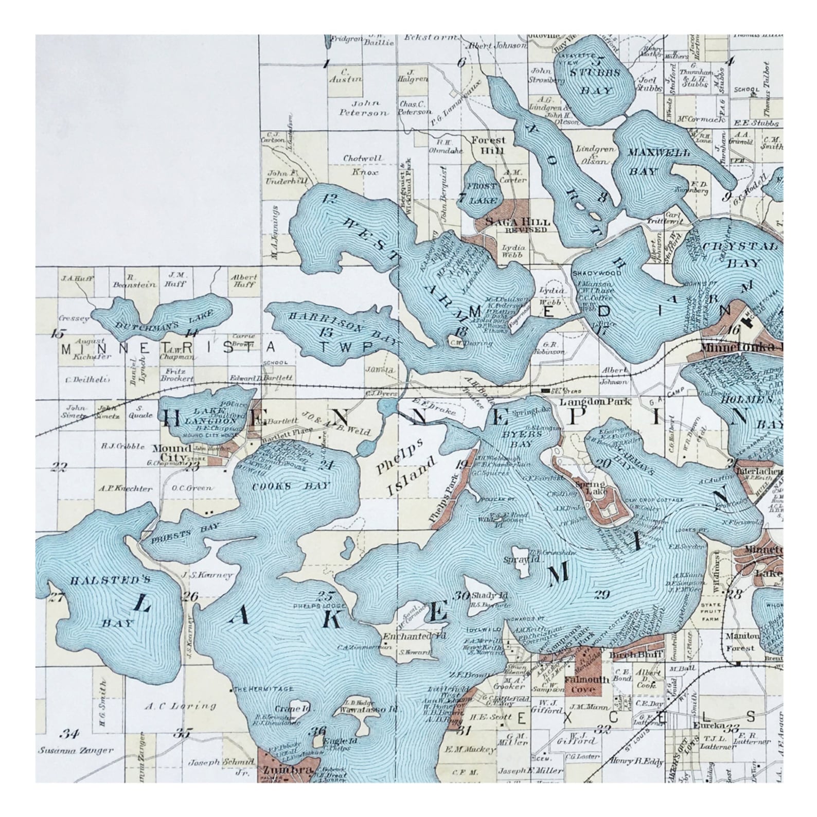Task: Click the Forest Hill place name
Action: tap(488, 145)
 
